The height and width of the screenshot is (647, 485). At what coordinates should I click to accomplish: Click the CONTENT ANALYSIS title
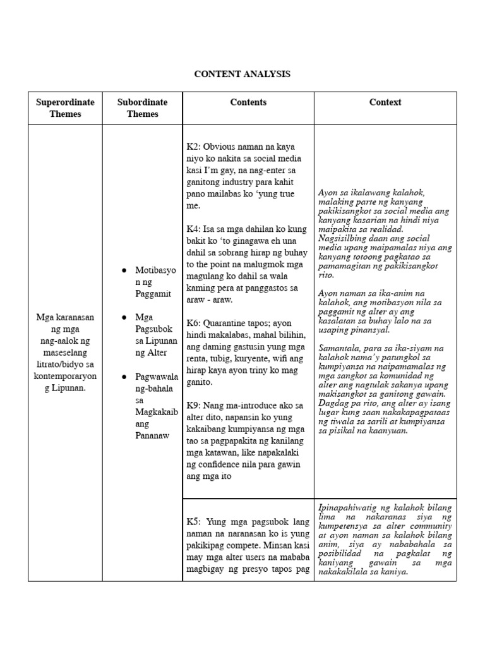(x=242, y=74)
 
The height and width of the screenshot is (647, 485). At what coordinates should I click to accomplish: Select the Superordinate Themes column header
(x=65, y=108)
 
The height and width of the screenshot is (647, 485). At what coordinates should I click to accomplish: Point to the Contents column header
(x=248, y=102)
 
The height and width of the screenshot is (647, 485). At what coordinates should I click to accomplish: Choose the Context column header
(x=385, y=102)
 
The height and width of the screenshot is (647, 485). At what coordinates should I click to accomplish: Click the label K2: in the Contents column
(x=193, y=147)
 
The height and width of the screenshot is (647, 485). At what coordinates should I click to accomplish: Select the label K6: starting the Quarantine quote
(x=193, y=323)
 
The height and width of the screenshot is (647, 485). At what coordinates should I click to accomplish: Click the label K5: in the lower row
(x=193, y=522)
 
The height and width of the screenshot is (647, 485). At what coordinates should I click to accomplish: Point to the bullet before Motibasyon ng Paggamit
(x=124, y=270)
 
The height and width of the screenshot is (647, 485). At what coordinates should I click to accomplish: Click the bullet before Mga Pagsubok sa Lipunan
(x=124, y=317)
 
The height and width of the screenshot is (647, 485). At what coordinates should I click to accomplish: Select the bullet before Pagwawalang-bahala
(x=124, y=377)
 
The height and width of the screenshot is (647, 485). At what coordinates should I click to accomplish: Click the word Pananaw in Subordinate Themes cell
(x=152, y=435)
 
